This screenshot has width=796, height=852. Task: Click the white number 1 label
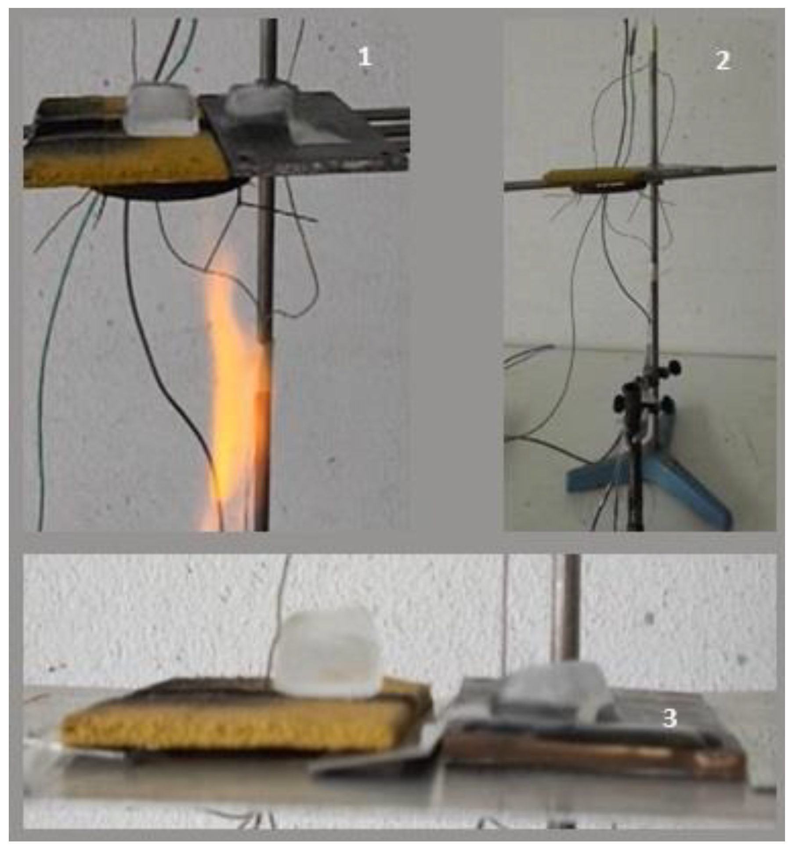coord(365,57)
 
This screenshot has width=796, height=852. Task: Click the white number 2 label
coord(723,60)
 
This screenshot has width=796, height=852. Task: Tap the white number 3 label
coord(669,718)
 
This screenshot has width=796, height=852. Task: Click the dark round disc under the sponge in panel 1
coord(176,192)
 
